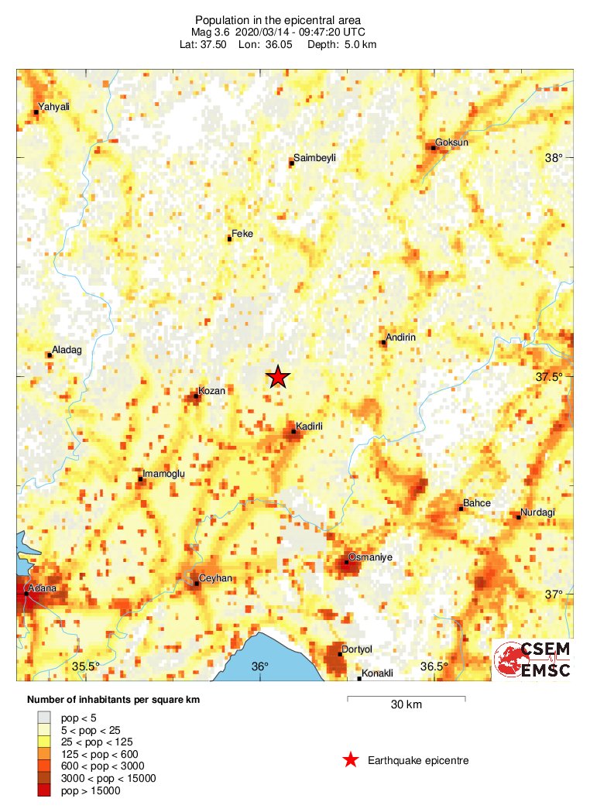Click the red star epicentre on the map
click(278, 377)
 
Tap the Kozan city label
click(211, 391)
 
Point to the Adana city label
click(43, 588)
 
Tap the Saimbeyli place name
click(316, 158)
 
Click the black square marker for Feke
click(229, 239)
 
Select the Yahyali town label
click(53, 108)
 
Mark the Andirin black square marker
click(383, 343)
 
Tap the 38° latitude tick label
click(554, 158)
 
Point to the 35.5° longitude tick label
click(87, 666)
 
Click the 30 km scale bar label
click(406, 705)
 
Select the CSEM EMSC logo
click(533, 660)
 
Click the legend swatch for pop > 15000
click(44, 790)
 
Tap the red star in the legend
click(351, 760)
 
